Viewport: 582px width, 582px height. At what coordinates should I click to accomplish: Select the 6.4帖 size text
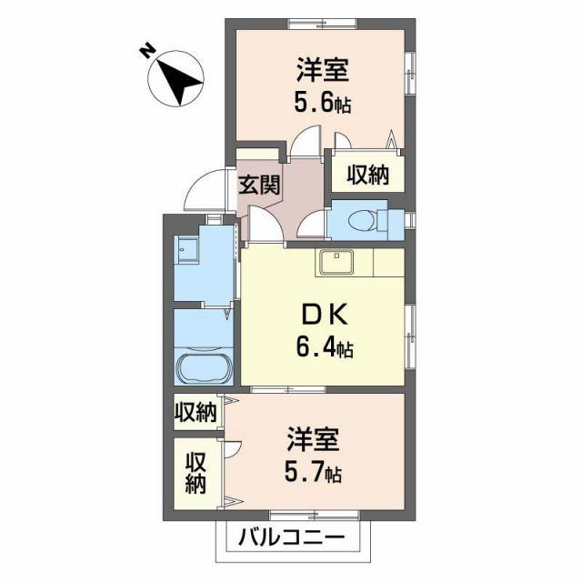325,347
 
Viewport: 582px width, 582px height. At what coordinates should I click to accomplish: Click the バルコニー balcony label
292,537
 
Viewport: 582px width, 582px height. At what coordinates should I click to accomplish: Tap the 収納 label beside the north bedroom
366,175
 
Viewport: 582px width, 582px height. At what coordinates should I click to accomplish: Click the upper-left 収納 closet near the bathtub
196,414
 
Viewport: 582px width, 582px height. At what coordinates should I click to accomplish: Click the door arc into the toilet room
313,223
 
